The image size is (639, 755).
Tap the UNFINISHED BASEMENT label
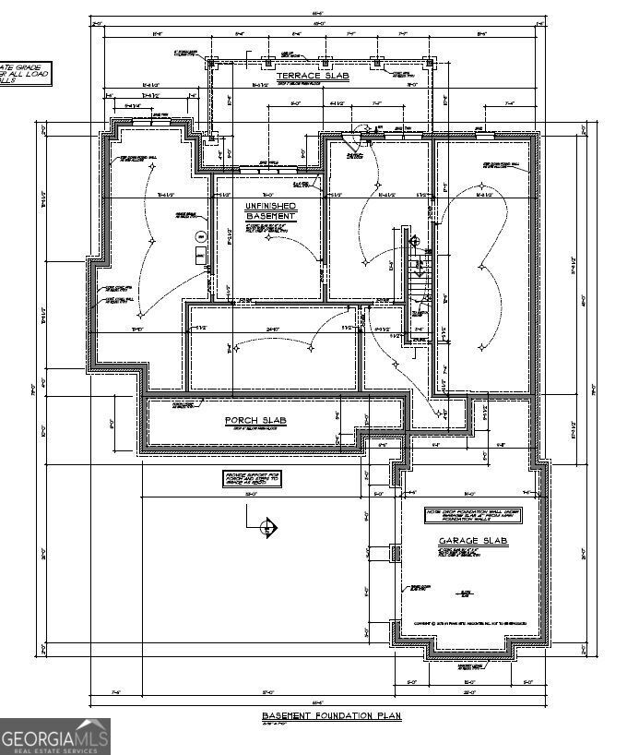point(270,210)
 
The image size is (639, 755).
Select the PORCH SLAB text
point(256,421)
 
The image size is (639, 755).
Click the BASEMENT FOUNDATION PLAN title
point(329,716)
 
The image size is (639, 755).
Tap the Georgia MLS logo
point(55,737)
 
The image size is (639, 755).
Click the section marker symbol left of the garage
point(267,528)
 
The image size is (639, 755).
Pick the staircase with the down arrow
point(420,268)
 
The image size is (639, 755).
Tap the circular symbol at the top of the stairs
point(414,240)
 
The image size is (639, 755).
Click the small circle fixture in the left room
point(197,236)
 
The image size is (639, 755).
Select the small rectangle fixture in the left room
point(197,255)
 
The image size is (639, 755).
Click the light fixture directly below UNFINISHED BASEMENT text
point(268,237)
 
